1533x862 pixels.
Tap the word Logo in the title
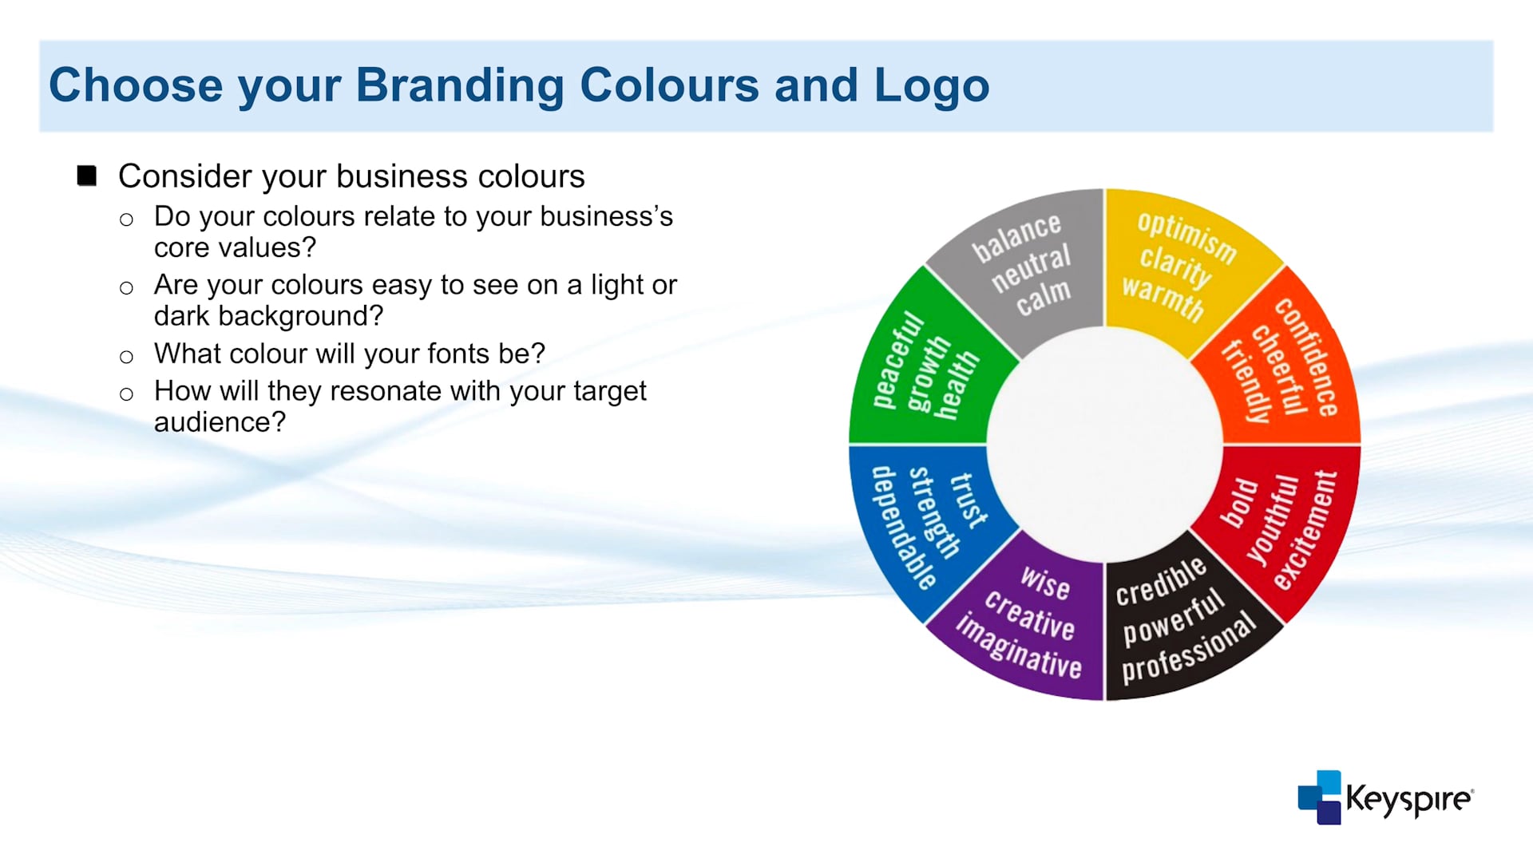(x=932, y=86)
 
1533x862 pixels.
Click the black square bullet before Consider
(x=87, y=176)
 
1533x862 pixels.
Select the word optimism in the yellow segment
(x=1186, y=237)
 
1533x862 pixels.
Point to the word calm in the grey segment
(x=1044, y=297)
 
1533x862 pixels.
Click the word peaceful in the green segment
(x=897, y=361)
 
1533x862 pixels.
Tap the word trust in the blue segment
(x=969, y=500)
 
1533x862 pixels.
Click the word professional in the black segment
(x=1189, y=649)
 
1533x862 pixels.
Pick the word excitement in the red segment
(x=1305, y=530)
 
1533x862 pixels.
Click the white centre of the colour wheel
(x=1104, y=445)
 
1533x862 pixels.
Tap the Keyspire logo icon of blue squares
(x=1320, y=797)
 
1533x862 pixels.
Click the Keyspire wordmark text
(x=1409, y=800)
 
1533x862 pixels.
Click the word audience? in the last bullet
(x=220, y=421)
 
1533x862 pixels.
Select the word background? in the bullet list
(x=300, y=316)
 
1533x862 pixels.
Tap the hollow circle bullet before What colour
(x=126, y=357)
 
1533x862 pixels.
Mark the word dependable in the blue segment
(x=903, y=528)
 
